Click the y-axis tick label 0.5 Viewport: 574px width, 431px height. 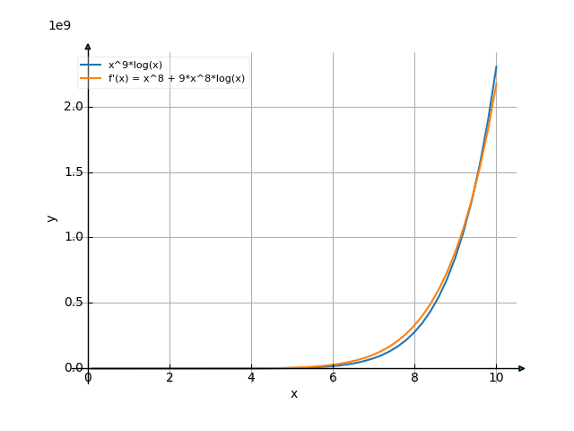click(74, 303)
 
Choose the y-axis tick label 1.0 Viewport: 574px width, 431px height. click(74, 237)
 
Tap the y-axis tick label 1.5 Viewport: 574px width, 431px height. click(74, 172)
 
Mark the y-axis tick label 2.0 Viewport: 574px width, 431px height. click(74, 107)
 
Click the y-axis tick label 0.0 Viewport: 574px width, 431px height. click(74, 368)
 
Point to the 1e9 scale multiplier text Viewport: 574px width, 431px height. click(59, 25)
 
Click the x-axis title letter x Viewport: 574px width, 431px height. click(293, 394)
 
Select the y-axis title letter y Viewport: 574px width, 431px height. click(52, 217)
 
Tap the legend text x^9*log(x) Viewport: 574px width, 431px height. click(135, 66)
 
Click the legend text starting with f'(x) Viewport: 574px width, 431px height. click(177, 79)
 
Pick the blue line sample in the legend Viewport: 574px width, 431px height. click(91, 66)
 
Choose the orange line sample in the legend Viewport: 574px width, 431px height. click(91, 79)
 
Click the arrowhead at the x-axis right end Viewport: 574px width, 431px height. click(522, 368)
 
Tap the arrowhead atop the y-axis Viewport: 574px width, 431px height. click(88, 45)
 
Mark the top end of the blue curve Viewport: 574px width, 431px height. click(496, 66)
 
